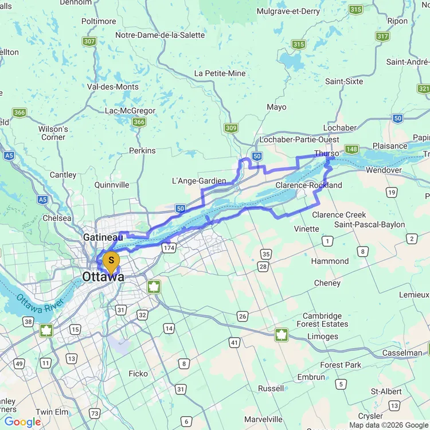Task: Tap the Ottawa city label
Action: (x=103, y=277)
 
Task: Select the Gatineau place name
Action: (x=103, y=237)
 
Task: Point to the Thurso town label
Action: (x=327, y=154)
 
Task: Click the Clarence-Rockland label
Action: (x=308, y=185)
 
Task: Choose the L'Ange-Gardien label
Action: (x=199, y=181)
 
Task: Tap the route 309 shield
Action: (x=231, y=128)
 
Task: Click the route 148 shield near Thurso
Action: (x=351, y=149)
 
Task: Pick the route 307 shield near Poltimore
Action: (x=89, y=41)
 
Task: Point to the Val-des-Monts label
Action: (x=112, y=87)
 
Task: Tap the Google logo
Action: (x=22, y=422)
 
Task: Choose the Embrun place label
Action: (x=311, y=377)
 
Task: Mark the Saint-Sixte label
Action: (x=344, y=81)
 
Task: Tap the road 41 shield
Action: (x=234, y=342)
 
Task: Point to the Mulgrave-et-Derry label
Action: (x=288, y=11)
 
